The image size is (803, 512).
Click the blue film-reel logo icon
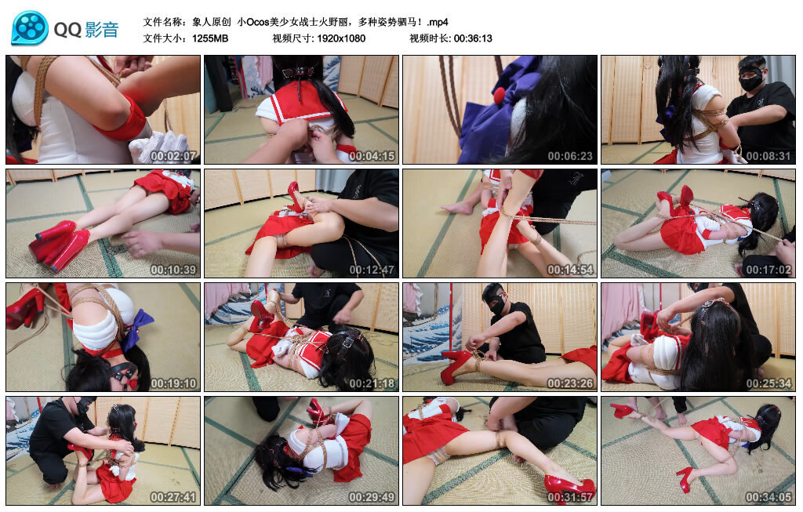(29, 28)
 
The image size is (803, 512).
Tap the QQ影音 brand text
(86, 30)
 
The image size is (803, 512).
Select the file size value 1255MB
(210, 38)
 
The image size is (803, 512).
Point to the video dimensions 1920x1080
(341, 38)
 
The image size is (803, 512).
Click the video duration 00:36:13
(473, 38)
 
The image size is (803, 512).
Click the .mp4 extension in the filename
(438, 22)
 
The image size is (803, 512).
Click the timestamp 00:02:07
(173, 156)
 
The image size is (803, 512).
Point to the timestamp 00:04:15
(372, 156)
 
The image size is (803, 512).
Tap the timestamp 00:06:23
(570, 156)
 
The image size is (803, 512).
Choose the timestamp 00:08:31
(768, 156)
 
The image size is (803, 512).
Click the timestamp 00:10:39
(173, 269)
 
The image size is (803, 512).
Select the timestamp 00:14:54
(570, 269)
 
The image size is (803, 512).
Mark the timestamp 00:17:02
(768, 269)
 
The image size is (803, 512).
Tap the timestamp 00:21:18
(372, 383)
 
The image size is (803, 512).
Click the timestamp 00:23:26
(570, 383)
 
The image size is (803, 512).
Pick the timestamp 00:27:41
(173, 496)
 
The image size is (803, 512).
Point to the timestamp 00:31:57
(570, 496)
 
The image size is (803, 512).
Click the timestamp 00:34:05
(768, 496)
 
